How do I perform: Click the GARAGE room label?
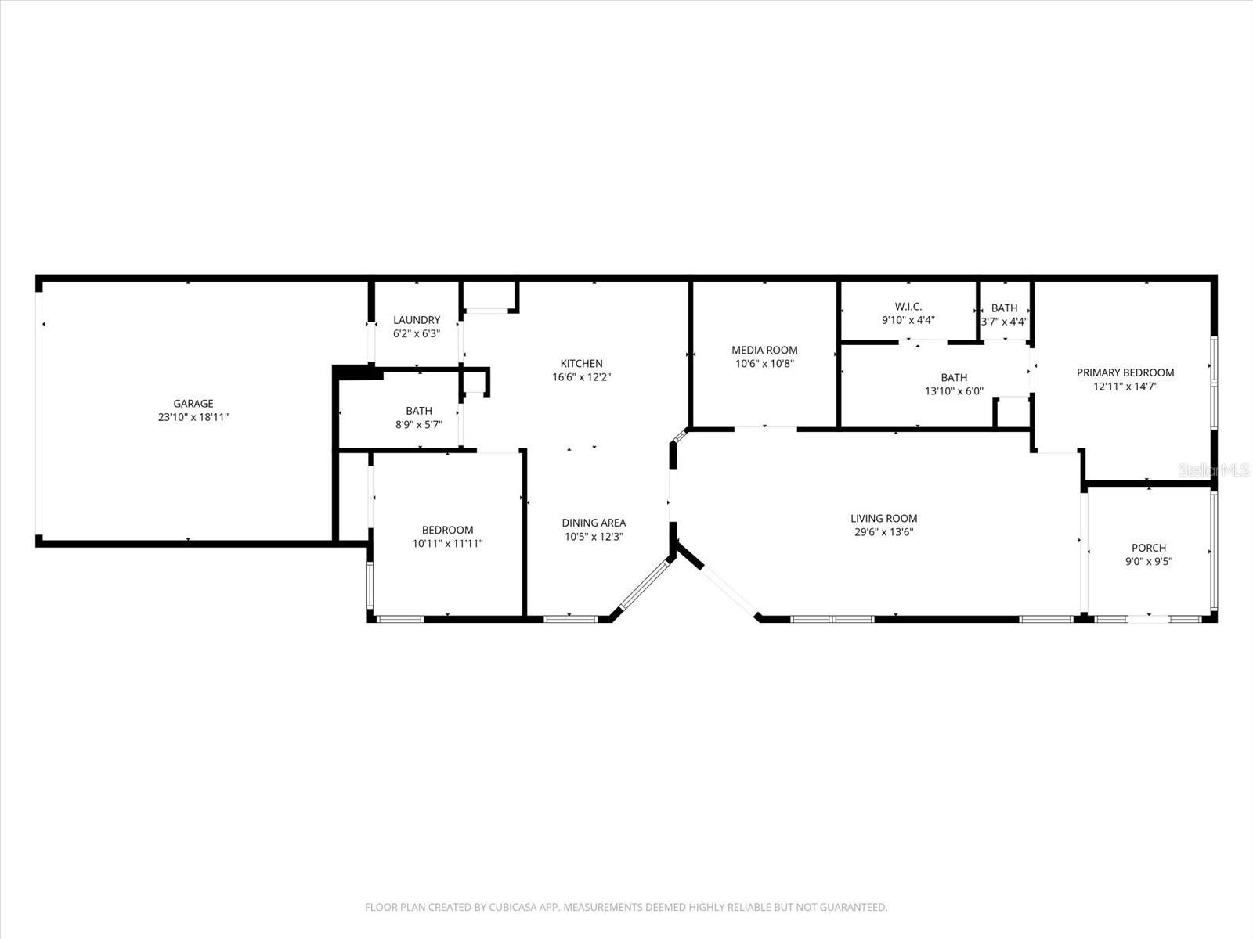193,404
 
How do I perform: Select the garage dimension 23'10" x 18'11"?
193,418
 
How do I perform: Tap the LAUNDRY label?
416,320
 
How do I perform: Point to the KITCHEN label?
581,364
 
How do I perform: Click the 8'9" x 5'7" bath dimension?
419,425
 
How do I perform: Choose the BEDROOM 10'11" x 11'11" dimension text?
447,544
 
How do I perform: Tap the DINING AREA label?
594,523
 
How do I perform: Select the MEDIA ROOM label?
764,350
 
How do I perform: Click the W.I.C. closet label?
908,307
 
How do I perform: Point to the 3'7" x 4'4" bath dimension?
1004,322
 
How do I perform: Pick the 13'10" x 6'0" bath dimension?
954,391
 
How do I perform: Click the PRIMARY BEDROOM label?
1125,372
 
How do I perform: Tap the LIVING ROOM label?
883,518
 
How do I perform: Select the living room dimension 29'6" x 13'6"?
883,532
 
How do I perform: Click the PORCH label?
1148,548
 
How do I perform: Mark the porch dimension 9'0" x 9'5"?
1148,561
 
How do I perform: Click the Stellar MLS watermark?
1214,469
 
